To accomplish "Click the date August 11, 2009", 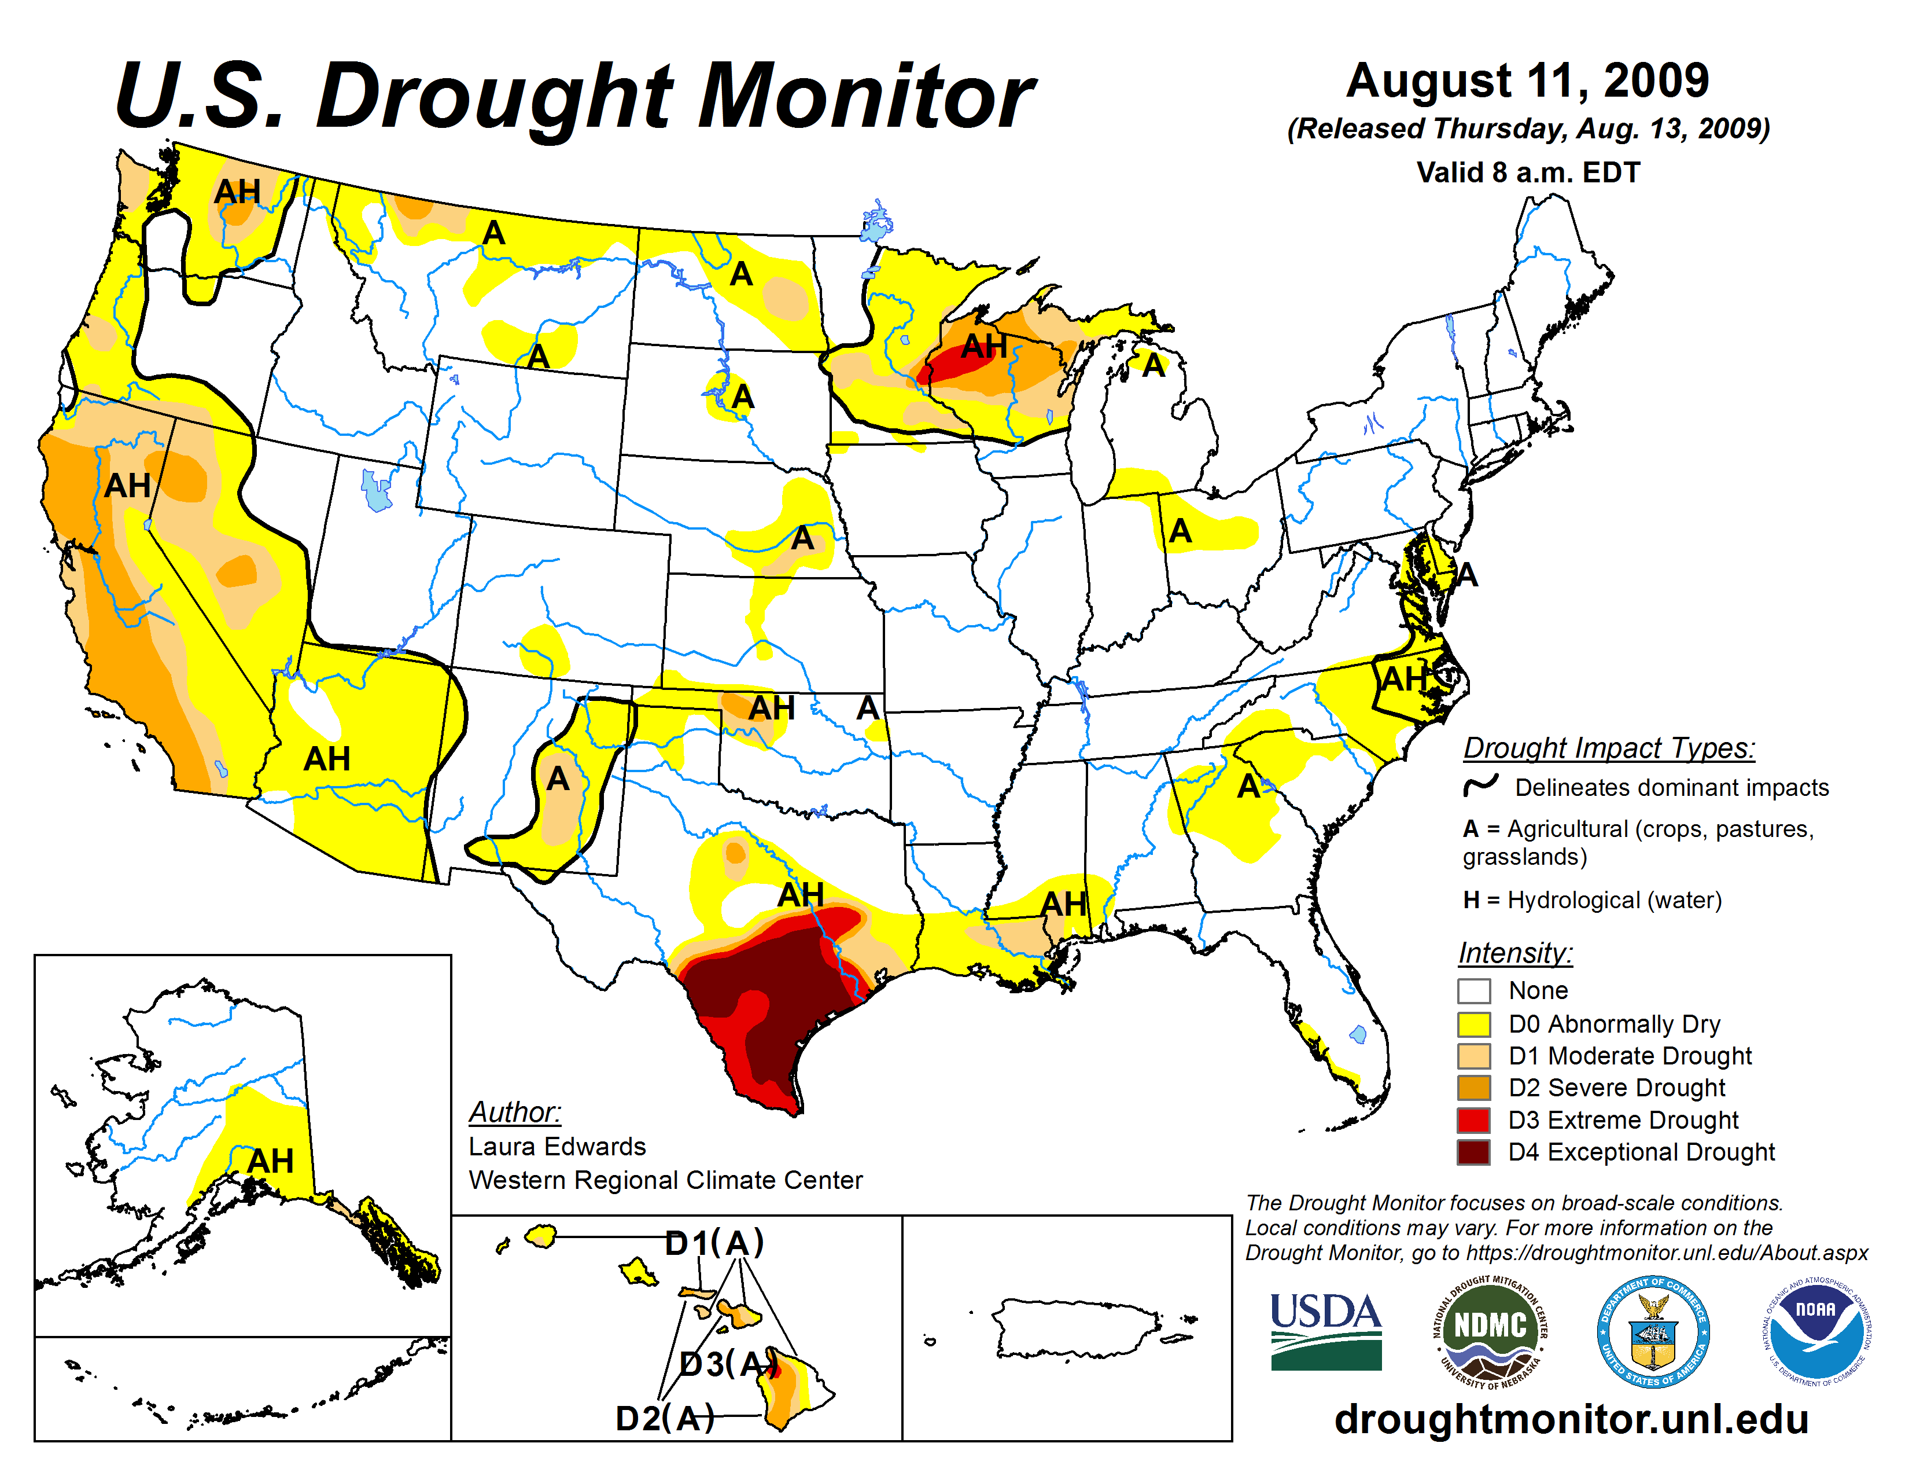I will [1527, 80].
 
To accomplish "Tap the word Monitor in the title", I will [865, 96].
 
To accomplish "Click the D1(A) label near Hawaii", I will [714, 1243].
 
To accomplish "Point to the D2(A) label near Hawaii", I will [664, 1418].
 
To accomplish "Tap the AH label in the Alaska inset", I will [270, 1161].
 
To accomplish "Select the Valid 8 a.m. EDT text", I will [1528, 172].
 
